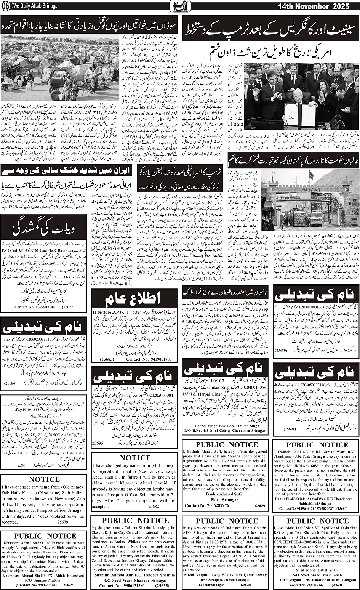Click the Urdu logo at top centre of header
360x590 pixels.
[180, 6]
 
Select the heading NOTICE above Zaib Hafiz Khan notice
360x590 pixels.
[44, 479]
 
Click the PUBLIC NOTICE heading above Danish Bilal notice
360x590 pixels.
[312, 445]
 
